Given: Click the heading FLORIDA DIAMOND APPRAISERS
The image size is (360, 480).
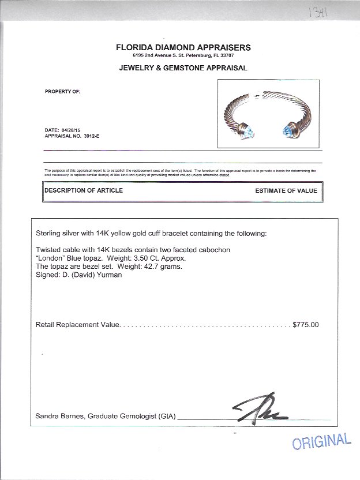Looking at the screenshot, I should [183, 48].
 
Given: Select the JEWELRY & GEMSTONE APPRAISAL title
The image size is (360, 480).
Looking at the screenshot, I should [183, 68].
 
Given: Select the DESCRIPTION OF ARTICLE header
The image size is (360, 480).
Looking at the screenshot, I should [84, 190].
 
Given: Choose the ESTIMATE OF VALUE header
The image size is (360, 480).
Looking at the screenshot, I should [286, 190].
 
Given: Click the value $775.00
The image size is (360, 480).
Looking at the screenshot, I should [306, 325].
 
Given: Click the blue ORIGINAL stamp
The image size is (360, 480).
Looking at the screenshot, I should [321, 441].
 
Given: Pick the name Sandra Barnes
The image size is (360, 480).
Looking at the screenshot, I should [57, 415].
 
